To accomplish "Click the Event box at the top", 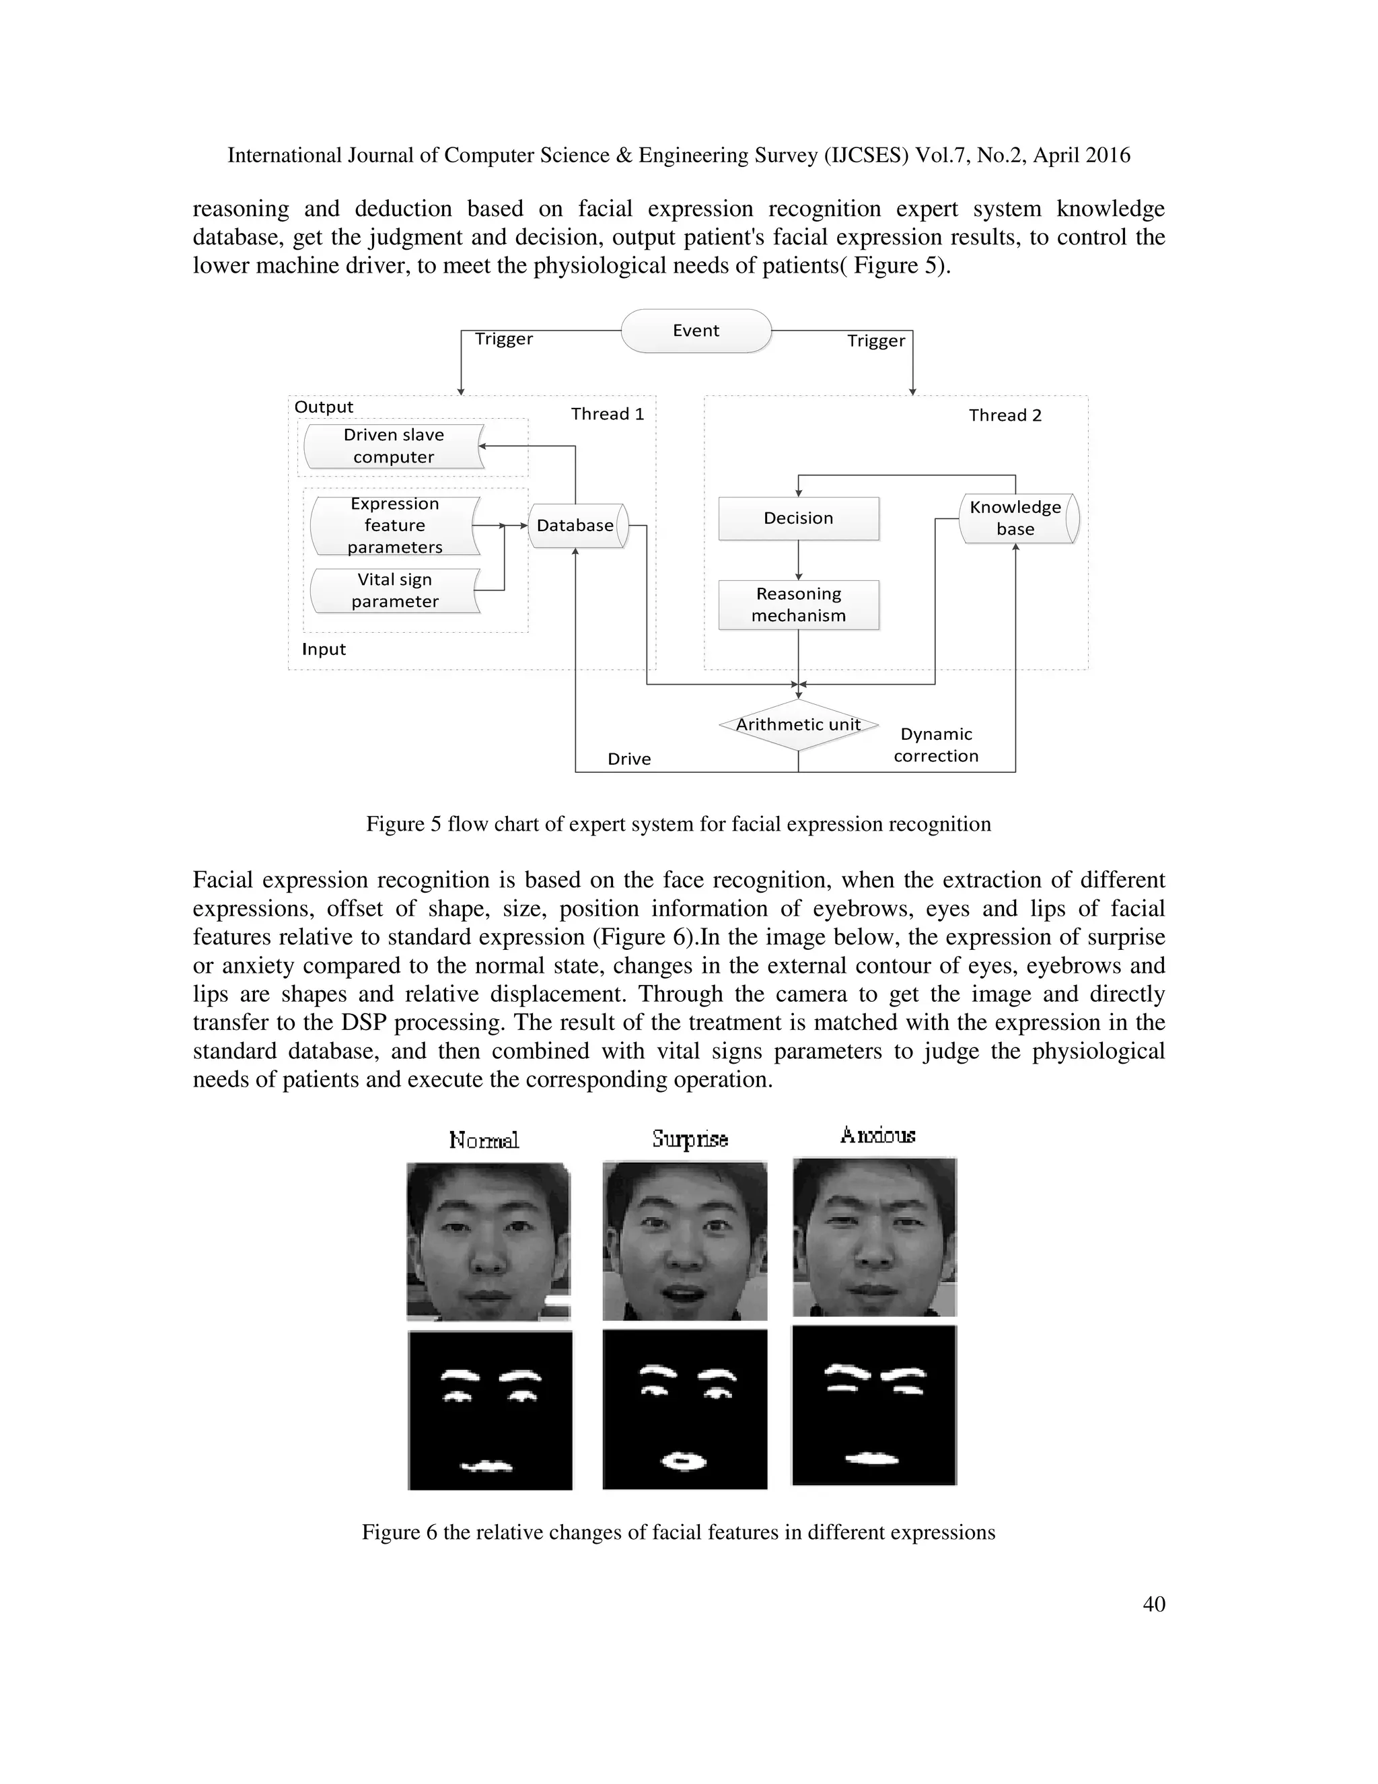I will point(696,331).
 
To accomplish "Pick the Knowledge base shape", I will point(1017,518).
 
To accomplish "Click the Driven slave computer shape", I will point(394,446).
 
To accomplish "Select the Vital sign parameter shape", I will point(394,590).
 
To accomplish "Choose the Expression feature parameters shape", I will point(394,525).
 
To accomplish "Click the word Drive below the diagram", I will point(628,759).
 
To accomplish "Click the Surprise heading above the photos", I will point(690,1138).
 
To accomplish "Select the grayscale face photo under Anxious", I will point(874,1237).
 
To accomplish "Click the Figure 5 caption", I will point(678,823).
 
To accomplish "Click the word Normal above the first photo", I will point(483,1140).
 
